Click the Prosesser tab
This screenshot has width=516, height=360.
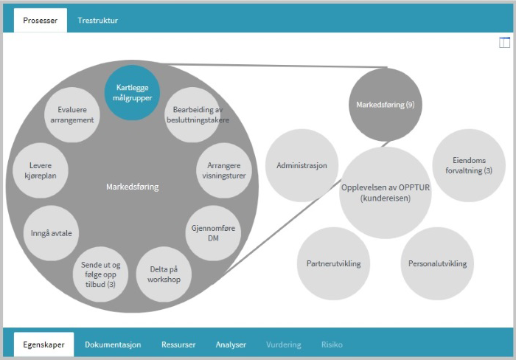40,21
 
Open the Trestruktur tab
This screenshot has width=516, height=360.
97,21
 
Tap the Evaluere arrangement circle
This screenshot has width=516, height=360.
69,115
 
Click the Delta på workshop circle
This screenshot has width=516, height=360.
164,274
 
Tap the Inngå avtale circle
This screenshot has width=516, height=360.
52,233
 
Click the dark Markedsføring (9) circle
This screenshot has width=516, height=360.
385,105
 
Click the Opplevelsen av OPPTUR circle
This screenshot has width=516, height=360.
385,193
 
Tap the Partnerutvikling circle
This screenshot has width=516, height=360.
328,263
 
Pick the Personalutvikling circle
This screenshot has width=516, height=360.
437,263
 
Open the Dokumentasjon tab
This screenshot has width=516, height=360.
112,345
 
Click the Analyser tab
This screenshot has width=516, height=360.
231,345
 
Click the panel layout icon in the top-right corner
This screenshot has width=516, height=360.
504,43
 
